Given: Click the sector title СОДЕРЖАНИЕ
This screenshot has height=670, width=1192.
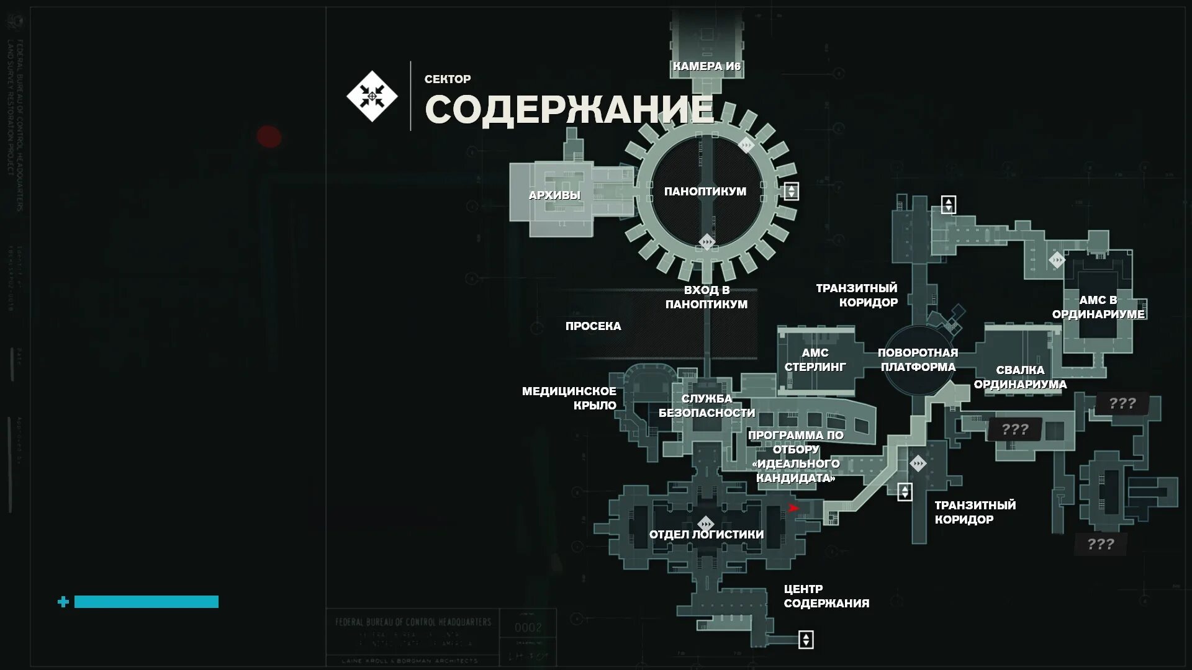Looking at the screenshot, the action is pyautogui.click(x=569, y=110).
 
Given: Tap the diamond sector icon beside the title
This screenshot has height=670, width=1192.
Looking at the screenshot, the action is pyautogui.click(x=372, y=96).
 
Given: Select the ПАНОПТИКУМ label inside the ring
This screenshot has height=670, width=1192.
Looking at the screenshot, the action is pyautogui.click(x=705, y=192).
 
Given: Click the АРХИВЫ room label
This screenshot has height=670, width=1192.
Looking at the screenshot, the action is pyautogui.click(x=554, y=195).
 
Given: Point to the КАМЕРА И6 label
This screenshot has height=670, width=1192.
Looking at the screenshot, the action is pyautogui.click(x=707, y=66).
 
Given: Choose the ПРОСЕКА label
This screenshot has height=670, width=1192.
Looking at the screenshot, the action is pyautogui.click(x=593, y=326).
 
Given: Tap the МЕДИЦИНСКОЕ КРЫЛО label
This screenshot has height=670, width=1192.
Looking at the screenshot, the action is pyautogui.click(x=569, y=398).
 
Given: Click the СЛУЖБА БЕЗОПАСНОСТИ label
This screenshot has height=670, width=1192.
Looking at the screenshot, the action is pyautogui.click(x=707, y=406).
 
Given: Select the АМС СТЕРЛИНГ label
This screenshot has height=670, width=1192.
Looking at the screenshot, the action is pyautogui.click(x=815, y=360).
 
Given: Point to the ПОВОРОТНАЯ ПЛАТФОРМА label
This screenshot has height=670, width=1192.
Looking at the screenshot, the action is pyautogui.click(x=918, y=360).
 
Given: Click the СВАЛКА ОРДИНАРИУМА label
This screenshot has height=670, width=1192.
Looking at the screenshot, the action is pyautogui.click(x=1020, y=377).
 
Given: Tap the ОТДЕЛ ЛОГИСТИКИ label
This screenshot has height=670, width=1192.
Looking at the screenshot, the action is pyautogui.click(x=707, y=535).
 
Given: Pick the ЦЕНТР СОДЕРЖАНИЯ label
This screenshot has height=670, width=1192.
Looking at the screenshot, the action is pyautogui.click(x=826, y=596).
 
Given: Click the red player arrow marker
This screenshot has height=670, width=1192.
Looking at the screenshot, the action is pyautogui.click(x=793, y=509).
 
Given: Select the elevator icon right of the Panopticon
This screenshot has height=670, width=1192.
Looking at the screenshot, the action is pyautogui.click(x=791, y=191).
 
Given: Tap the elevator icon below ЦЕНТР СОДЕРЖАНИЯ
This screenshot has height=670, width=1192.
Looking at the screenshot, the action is pyautogui.click(x=806, y=640).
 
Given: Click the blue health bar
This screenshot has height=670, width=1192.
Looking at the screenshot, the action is pyautogui.click(x=147, y=602).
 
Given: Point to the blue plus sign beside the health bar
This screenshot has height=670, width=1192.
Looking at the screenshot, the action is pyautogui.click(x=63, y=602).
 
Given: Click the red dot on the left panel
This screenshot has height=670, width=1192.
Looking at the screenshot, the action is pyautogui.click(x=269, y=136).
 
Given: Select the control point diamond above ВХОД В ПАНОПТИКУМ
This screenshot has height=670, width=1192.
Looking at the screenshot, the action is pyautogui.click(x=707, y=242).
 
